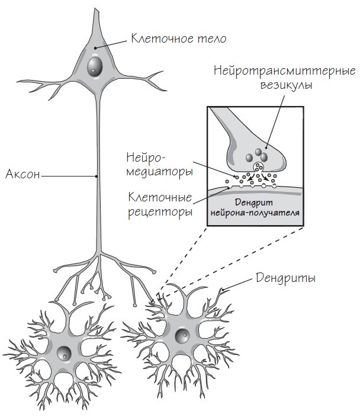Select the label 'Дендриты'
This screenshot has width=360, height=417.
coord(285,277)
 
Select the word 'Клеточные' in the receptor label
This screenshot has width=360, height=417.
coord(161,197)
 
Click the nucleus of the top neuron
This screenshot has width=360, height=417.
coord(94,66)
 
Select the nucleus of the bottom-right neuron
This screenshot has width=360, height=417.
coord(182,337)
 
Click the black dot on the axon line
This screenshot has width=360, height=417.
coord(97,175)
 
